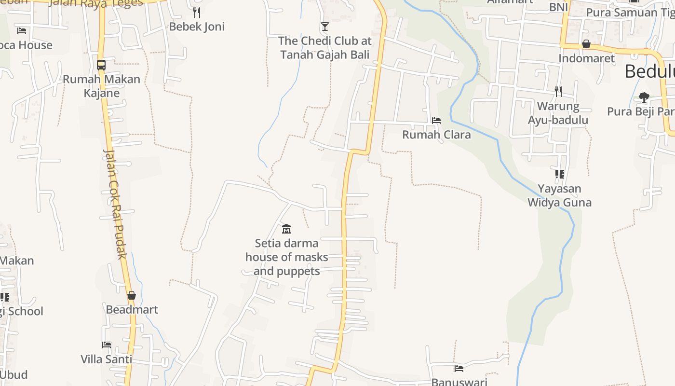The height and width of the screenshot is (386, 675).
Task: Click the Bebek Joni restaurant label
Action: [197, 27]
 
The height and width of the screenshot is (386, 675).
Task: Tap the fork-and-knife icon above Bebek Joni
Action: [197, 12]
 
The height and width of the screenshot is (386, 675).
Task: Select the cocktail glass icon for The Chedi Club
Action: [325, 26]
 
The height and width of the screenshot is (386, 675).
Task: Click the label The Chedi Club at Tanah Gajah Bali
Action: [325, 48]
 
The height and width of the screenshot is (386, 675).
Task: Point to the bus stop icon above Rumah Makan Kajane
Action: [101, 65]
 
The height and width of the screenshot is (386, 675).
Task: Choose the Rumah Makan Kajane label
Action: [101, 86]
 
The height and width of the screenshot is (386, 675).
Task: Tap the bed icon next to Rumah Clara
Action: [436, 120]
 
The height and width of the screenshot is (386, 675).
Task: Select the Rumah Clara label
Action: [436, 135]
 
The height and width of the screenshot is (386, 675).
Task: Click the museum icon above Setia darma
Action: [286, 228]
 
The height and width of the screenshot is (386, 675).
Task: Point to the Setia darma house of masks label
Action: [286, 257]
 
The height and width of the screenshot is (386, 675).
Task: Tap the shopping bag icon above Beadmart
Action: [132, 295]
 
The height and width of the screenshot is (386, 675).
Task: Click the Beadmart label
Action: [132, 310]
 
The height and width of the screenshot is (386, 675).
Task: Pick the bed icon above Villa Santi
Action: [107, 345]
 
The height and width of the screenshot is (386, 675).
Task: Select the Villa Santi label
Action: [106, 359]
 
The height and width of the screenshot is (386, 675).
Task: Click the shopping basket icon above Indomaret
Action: [586, 44]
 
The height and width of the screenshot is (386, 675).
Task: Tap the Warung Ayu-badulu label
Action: [558, 113]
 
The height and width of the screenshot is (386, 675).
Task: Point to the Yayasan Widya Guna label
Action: [559, 195]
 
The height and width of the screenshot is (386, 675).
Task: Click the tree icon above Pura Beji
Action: [644, 97]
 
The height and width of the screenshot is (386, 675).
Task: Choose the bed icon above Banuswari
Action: [459, 369]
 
